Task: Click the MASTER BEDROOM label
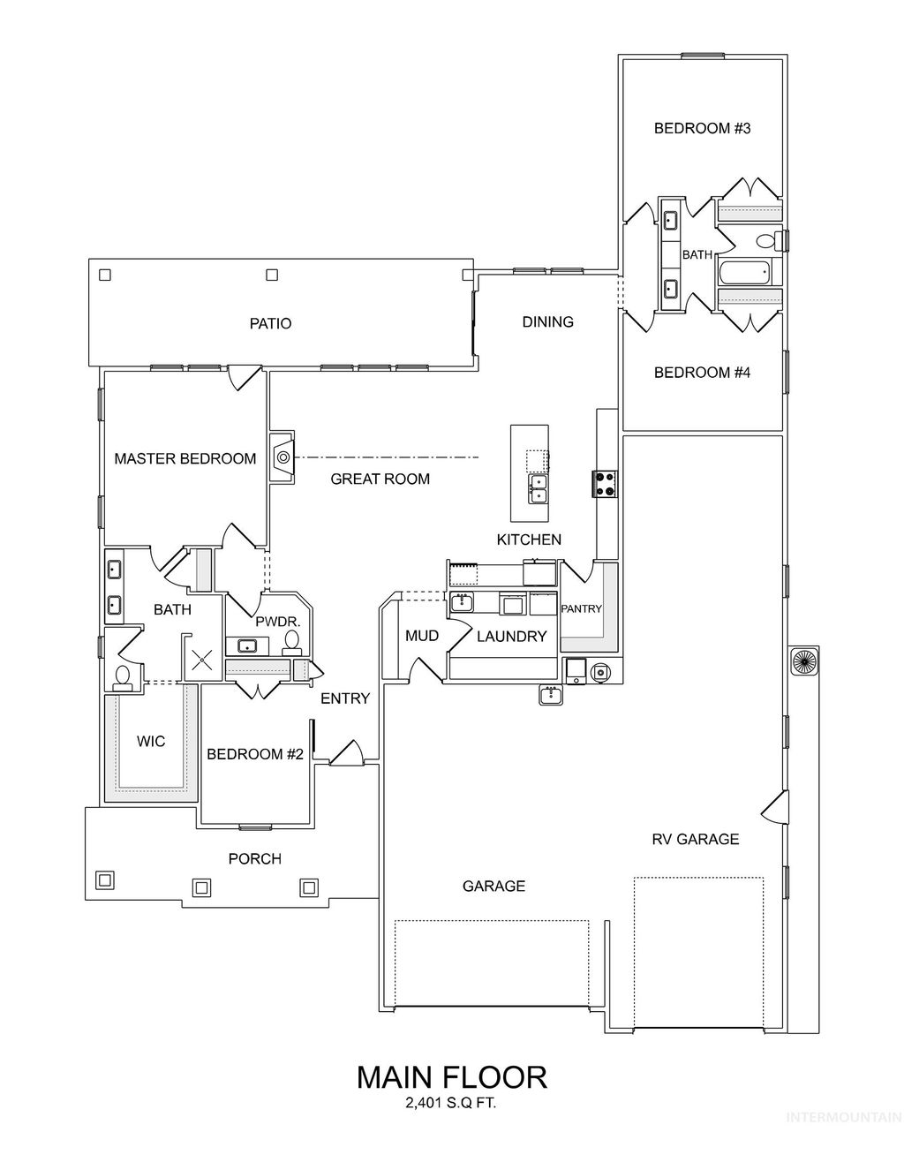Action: [x=185, y=458]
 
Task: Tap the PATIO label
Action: [x=270, y=323]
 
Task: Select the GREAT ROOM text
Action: [x=380, y=479]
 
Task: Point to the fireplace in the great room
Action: [x=282, y=457]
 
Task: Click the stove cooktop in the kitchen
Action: [x=606, y=483]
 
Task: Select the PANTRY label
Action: [x=581, y=608]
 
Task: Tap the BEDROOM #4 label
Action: [x=702, y=373]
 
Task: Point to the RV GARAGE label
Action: [x=695, y=839]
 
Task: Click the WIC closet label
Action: [x=151, y=741]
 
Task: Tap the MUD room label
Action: [x=422, y=636]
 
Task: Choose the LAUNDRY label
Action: [x=511, y=636]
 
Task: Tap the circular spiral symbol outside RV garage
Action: [x=803, y=660]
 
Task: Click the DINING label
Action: [x=547, y=321]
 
